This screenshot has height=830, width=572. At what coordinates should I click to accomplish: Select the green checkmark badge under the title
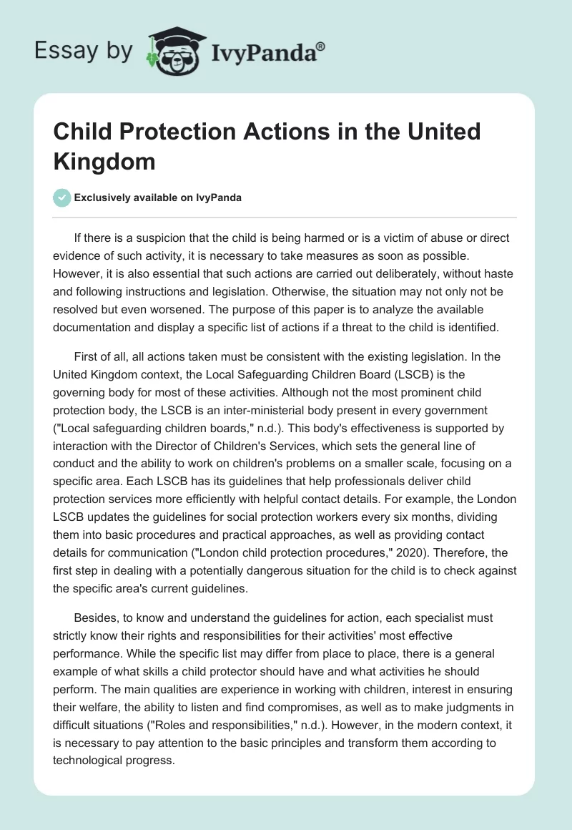coord(61,197)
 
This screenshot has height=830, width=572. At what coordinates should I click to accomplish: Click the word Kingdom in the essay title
coord(104,161)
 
